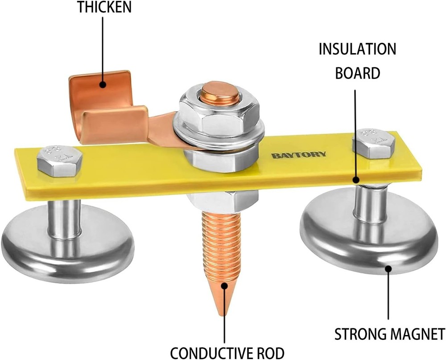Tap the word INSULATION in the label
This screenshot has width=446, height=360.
pos(357,49)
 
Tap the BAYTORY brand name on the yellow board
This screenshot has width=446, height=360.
pos(298,155)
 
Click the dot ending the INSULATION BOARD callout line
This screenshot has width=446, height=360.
pos(356,179)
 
